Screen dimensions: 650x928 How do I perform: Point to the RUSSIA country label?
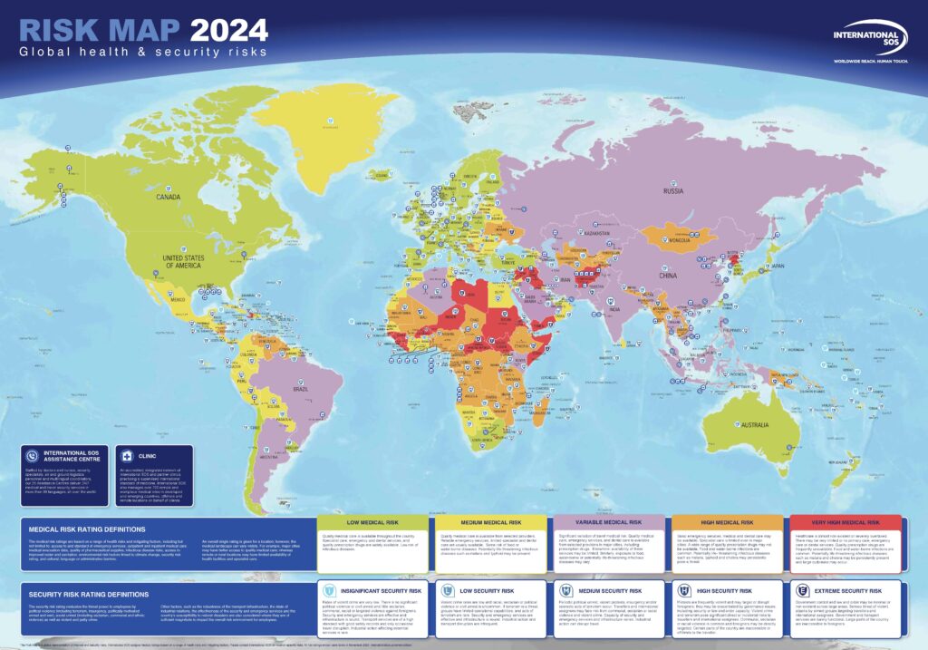click(x=673, y=191)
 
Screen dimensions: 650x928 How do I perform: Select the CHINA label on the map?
click(x=667, y=274)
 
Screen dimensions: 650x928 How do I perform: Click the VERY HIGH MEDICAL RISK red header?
click(x=844, y=522)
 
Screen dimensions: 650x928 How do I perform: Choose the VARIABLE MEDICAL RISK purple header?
click(x=608, y=522)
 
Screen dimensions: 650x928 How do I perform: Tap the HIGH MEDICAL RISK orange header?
click(x=726, y=522)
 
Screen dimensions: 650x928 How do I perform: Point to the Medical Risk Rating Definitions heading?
click(x=88, y=529)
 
